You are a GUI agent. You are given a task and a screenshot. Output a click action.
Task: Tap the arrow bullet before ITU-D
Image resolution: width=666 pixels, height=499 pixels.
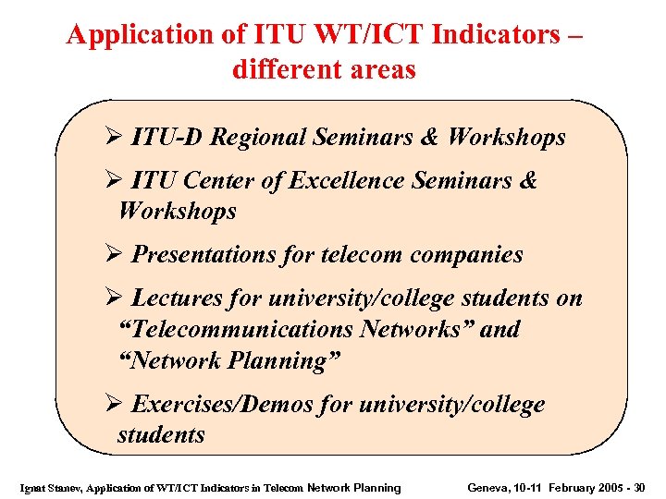tap(114, 139)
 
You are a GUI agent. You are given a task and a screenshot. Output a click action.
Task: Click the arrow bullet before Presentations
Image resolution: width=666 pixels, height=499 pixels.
tap(114, 255)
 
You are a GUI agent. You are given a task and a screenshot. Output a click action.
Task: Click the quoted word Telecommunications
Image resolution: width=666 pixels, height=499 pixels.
tap(236, 329)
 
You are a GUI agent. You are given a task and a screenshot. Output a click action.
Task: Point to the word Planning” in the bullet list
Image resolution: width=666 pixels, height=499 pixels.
tap(288, 360)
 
